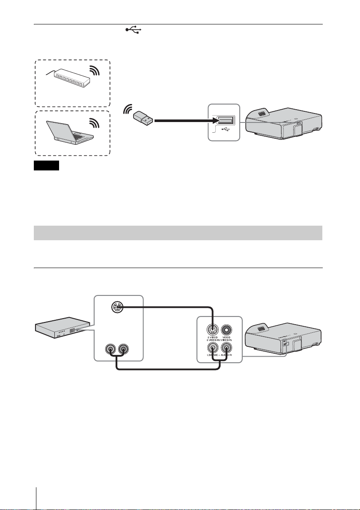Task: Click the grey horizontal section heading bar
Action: [178, 233]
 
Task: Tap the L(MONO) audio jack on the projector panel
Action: [213, 349]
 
